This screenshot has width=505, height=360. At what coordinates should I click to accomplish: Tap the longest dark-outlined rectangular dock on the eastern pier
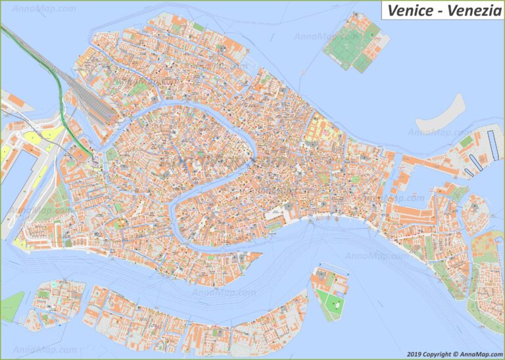point(493,145)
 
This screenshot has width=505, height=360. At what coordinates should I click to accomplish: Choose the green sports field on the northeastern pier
point(466,141)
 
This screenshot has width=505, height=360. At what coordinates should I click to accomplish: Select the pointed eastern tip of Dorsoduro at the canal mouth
point(260,254)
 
